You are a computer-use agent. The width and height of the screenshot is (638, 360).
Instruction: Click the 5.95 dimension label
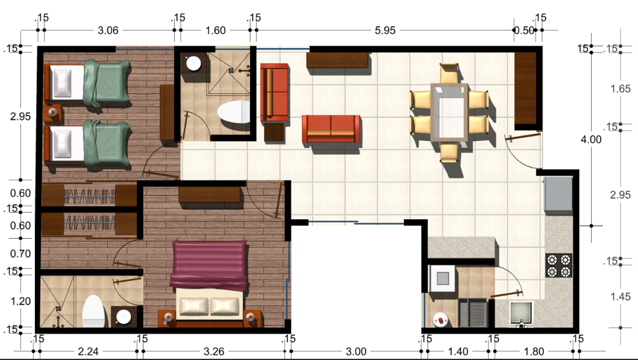click(384, 31)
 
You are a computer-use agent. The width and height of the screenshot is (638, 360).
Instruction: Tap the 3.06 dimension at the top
click(108, 31)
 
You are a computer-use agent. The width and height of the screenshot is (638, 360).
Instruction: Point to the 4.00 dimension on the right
click(591, 140)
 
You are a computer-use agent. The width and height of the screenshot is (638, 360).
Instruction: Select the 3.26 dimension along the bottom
click(214, 351)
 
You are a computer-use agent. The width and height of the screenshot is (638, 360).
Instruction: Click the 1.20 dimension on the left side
click(20, 301)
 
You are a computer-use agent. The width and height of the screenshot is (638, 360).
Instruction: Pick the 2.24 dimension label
click(88, 351)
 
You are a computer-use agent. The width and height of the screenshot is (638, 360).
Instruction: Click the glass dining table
click(449, 112)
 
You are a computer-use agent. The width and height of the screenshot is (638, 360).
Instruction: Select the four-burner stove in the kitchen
click(559, 265)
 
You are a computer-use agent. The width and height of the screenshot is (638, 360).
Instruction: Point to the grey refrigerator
click(558, 194)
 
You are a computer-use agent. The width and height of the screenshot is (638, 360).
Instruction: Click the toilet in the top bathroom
click(233, 112)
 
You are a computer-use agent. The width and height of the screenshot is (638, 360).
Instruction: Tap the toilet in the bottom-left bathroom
click(93, 311)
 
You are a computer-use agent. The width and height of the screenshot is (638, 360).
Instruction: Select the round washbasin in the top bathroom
click(194, 63)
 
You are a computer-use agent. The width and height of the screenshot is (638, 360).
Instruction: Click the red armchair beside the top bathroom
click(274, 92)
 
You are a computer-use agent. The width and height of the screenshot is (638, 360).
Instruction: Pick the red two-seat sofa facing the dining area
click(331, 128)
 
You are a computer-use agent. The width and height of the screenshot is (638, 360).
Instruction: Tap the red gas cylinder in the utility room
click(440, 320)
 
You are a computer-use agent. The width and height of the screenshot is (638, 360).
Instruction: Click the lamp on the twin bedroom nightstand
click(53, 112)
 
